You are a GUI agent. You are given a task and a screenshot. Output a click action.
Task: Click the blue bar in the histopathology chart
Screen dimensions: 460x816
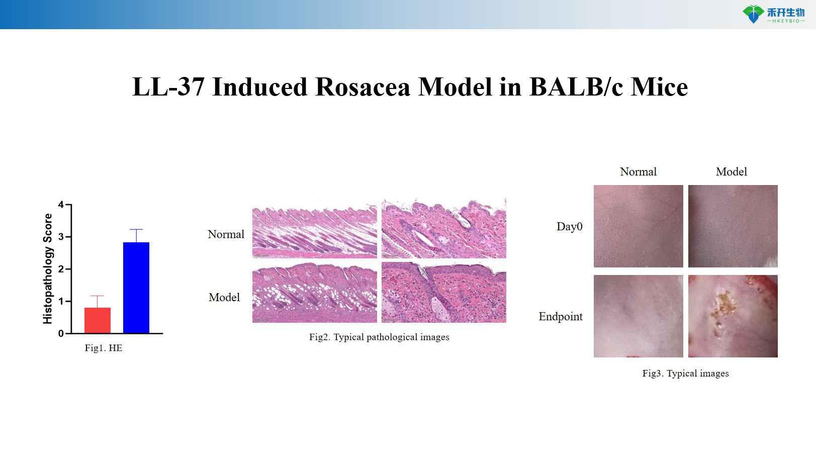tap(136, 288)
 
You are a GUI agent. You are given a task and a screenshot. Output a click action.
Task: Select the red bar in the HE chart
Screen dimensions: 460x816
tap(98, 320)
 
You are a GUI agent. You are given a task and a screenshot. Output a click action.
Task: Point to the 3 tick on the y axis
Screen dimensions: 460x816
tap(61, 237)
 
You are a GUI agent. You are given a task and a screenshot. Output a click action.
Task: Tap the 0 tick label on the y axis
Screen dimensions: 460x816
tap(61, 333)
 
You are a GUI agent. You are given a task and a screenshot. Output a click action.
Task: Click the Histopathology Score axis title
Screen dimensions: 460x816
tap(48, 268)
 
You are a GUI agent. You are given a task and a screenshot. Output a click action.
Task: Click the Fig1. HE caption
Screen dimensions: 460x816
tap(104, 348)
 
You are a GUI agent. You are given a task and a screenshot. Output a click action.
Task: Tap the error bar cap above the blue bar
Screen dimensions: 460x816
tap(136, 230)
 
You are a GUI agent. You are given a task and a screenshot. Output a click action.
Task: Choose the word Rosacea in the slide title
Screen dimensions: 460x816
tap(362, 87)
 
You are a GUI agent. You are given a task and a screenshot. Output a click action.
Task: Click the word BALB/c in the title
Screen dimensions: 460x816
tap(576, 87)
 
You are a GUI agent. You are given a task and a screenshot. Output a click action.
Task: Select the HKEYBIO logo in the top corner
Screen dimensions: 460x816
tap(774, 14)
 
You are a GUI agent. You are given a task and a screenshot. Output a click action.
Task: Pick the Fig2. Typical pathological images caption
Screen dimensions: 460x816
tap(379, 337)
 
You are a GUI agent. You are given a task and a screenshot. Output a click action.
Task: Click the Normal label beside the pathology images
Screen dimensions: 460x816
tap(226, 234)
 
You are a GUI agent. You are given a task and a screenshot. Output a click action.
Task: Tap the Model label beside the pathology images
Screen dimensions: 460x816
tap(224, 297)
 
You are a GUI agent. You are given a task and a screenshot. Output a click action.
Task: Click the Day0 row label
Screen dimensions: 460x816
tap(569, 227)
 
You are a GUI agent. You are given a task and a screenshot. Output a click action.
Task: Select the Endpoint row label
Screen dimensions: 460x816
tap(561, 317)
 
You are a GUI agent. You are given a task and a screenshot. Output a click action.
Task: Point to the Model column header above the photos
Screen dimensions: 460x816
tap(732, 172)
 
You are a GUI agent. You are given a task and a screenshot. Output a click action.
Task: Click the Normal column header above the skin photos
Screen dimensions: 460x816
tap(638, 172)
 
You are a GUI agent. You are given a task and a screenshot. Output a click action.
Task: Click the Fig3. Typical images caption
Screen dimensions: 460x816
tap(685, 373)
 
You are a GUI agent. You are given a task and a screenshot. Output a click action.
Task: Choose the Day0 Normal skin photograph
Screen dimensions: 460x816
tap(638, 226)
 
